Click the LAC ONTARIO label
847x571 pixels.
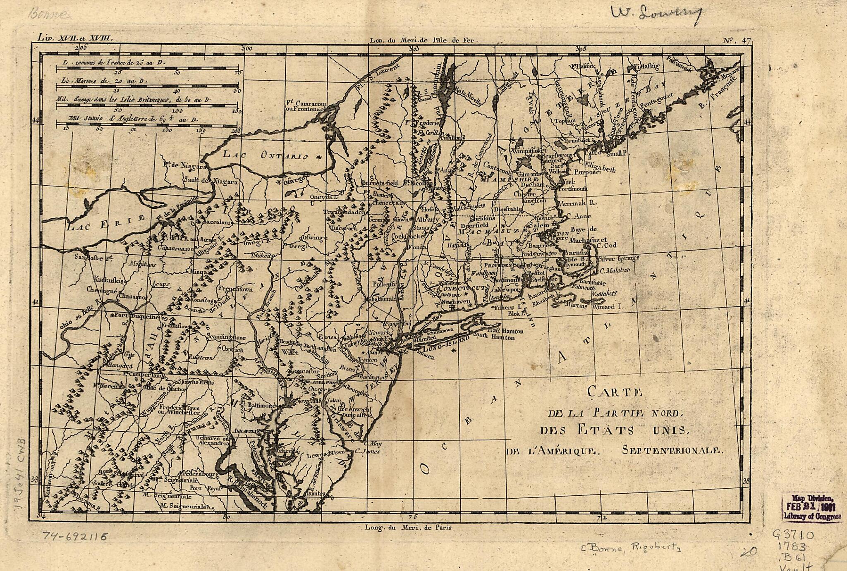pyautogui.click(x=266, y=155)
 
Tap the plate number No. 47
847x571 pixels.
pyautogui.click(x=737, y=41)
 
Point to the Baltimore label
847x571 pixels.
pyautogui.click(x=261, y=406)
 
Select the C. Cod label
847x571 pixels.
pyautogui.click(x=607, y=246)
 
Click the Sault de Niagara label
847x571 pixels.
pyautogui.click(x=211, y=181)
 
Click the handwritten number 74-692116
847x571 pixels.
pyautogui.click(x=75, y=537)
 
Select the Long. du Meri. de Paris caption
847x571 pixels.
pyautogui.click(x=408, y=527)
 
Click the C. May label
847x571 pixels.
pyautogui.click(x=373, y=443)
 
